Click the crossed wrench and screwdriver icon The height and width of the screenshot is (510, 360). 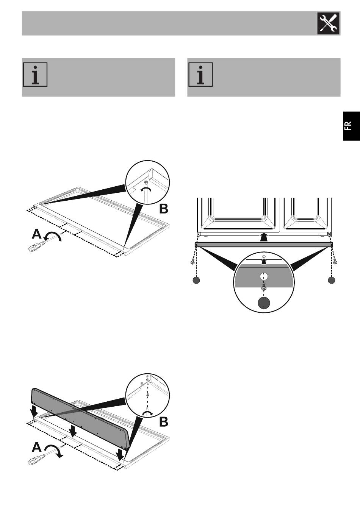pos(328,23)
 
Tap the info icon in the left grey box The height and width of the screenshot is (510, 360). pos(35,75)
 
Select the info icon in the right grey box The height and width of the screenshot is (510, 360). pos(200,75)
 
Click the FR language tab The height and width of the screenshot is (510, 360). pos(351,126)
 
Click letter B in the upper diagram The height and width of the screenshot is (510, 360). pos(163,209)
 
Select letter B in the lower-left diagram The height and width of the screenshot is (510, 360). pos(163,421)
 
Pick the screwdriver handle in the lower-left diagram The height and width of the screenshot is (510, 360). pos(34,460)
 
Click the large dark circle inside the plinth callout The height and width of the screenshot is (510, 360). pos(264,303)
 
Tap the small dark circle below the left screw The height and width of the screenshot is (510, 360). pos(196,280)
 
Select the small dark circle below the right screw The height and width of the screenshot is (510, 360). pos(332,280)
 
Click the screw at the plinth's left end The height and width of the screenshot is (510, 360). pos(193,262)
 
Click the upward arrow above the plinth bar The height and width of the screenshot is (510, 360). pos(264,237)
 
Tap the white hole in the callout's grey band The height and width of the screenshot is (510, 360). pos(264,277)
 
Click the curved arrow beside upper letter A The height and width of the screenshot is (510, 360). pos(53,236)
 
